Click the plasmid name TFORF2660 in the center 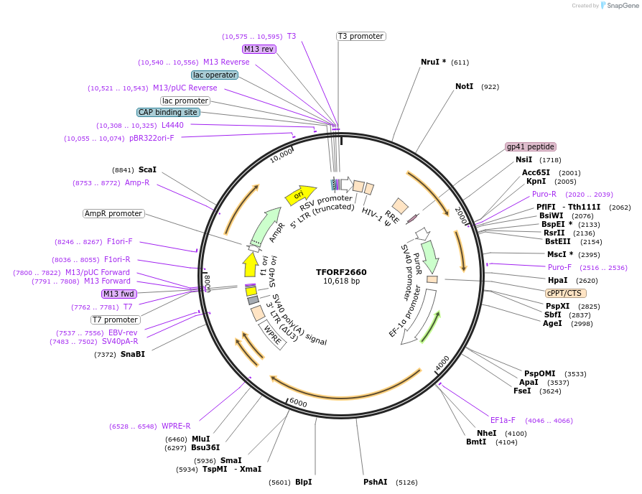click(341, 272)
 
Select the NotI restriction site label click(464, 86)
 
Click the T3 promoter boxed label click(360, 36)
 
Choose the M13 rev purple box click(259, 49)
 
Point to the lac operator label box click(215, 75)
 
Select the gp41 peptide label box click(531, 146)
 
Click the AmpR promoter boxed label click(113, 213)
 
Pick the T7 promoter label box click(115, 320)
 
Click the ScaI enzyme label click(147, 169)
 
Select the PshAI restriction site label click(375, 482)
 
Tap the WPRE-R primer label click(176, 426)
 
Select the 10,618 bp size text click(341, 281)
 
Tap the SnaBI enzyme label click(132, 354)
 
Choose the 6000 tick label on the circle click(298, 404)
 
